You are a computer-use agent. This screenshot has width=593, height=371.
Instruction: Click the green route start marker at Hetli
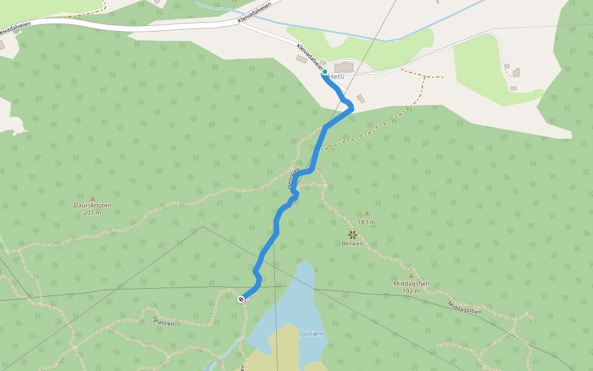[x=324, y=72]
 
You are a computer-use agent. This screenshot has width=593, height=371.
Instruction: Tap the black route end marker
[x=241, y=299]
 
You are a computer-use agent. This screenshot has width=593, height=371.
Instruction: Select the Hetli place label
[x=336, y=77]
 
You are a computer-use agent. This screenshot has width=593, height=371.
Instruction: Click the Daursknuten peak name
[x=92, y=205]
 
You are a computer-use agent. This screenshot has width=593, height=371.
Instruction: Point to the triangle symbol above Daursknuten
[x=93, y=198]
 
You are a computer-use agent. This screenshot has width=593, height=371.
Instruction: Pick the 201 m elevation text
[x=92, y=213]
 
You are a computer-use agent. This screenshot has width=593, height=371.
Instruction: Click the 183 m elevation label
[x=366, y=222]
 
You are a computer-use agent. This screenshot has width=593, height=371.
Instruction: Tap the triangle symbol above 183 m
[x=366, y=213]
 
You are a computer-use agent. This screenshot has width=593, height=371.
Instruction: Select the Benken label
[x=352, y=244]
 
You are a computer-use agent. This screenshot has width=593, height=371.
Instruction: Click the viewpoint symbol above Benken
[x=352, y=234]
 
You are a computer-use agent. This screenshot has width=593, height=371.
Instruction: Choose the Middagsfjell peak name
[x=411, y=284]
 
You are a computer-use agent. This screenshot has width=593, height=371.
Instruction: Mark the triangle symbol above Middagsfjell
[x=411, y=276]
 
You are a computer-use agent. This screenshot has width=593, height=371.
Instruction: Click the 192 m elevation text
[x=411, y=291]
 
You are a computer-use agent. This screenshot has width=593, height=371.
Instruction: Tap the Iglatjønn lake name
[x=312, y=334]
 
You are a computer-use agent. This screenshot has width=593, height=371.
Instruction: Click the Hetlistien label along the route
[x=293, y=179]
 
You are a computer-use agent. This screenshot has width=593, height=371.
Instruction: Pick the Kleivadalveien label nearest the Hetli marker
[x=309, y=56]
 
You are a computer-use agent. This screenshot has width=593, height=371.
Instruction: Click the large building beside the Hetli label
[x=344, y=67]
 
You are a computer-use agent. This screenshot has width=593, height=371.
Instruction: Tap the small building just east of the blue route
[x=361, y=98]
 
